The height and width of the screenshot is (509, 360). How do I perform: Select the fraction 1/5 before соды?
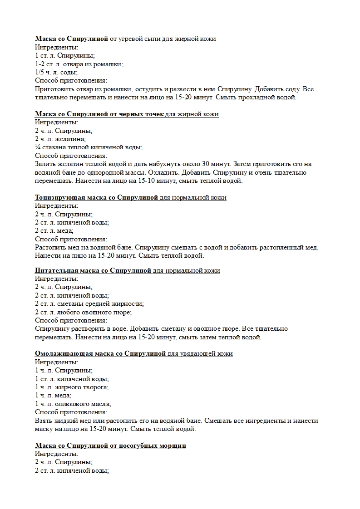pyautogui.click(x=40, y=72)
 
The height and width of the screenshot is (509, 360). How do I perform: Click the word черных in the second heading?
pyautogui.click(x=126, y=114)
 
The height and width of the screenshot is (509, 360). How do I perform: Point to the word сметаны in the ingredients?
pyautogui.click(x=69, y=303)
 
